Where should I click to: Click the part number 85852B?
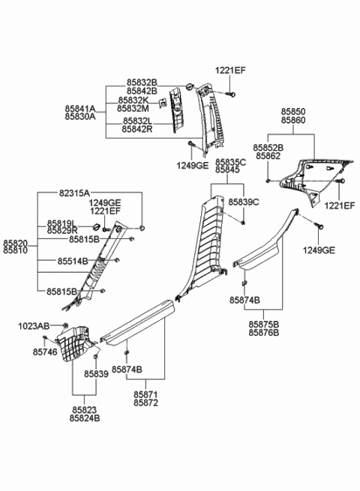pyautogui.click(x=268, y=148)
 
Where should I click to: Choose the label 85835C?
pyautogui.click(x=231, y=163)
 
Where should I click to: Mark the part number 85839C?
pyautogui.click(x=243, y=202)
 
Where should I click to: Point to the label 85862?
pyautogui.click(x=268, y=157)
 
